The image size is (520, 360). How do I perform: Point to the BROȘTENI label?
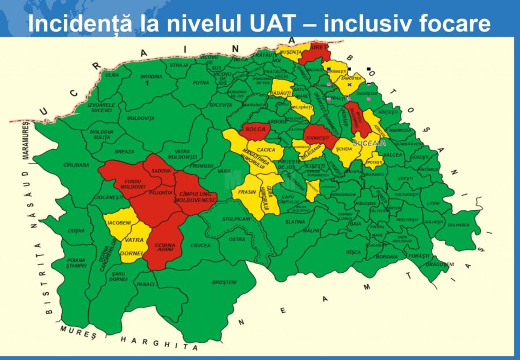point(224,282)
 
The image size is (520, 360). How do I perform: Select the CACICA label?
point(266,150)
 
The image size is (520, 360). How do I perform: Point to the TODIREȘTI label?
point(316,138)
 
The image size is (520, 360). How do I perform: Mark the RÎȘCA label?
point(353,252)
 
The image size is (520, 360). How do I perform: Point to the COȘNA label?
point(76,231)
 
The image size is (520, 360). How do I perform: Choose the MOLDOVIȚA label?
point(140,118)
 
